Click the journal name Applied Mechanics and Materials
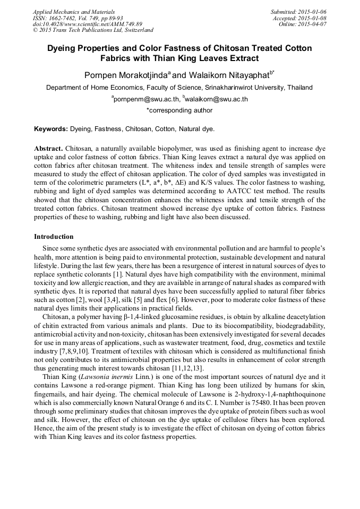pos(74,12)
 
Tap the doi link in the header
pos(88,24)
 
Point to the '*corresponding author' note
pos(179,110)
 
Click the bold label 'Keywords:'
pos(51,129)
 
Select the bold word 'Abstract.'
pos(49,149)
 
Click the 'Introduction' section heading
pos(54,236)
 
